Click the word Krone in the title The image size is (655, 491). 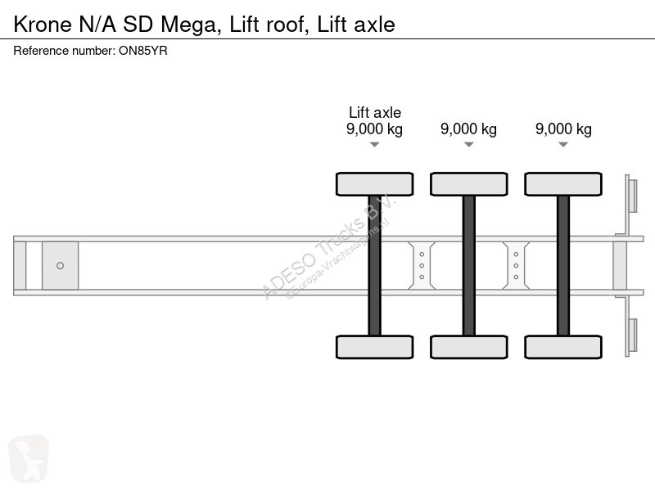point(43,25)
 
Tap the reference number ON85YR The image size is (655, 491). point(142,51)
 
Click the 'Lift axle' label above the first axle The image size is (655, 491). point(375,112)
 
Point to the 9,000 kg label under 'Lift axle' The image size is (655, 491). point(375,129)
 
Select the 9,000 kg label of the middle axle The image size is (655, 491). point(468,129)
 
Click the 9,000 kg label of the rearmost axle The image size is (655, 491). point(563,129)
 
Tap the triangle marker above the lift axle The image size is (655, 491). point(375,145)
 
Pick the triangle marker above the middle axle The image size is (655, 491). point(468,145)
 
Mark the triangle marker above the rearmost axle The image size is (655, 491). point(563,145)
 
